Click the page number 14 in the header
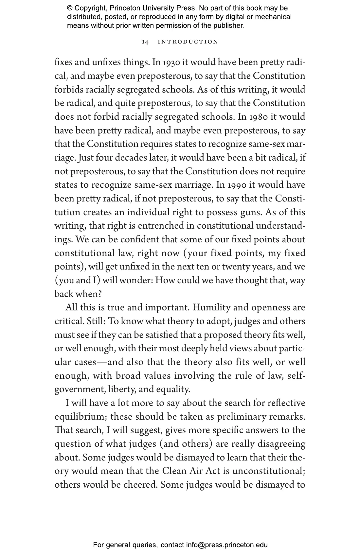(145, 42)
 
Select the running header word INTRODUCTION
(188, 42)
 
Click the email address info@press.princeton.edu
(227, 545)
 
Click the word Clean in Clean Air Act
(174, 471)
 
